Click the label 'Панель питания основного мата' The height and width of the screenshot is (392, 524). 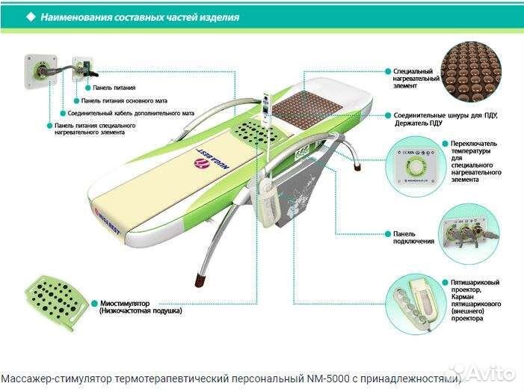(x=124, y=100)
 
